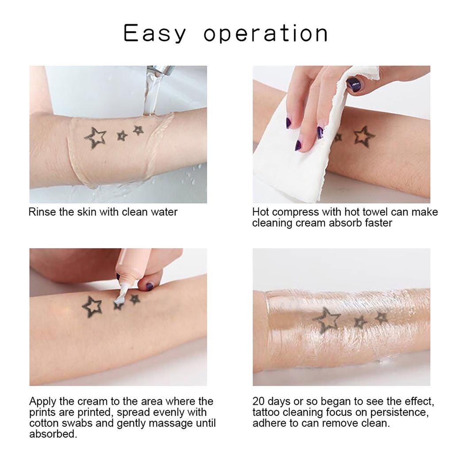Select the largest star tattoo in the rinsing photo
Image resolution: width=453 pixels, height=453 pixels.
(96, 138)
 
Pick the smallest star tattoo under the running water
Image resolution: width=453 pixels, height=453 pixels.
(138, 130)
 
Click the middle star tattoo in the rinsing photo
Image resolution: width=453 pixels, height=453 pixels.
(122, 136)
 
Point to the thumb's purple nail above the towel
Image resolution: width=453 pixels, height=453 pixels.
(354, 84)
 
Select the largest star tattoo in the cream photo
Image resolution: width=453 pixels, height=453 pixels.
(92, 306)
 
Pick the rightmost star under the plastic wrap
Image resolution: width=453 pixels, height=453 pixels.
(381, 317)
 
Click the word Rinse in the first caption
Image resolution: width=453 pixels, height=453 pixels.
(42, 212)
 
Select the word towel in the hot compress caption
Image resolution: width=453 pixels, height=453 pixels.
(370, 212)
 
